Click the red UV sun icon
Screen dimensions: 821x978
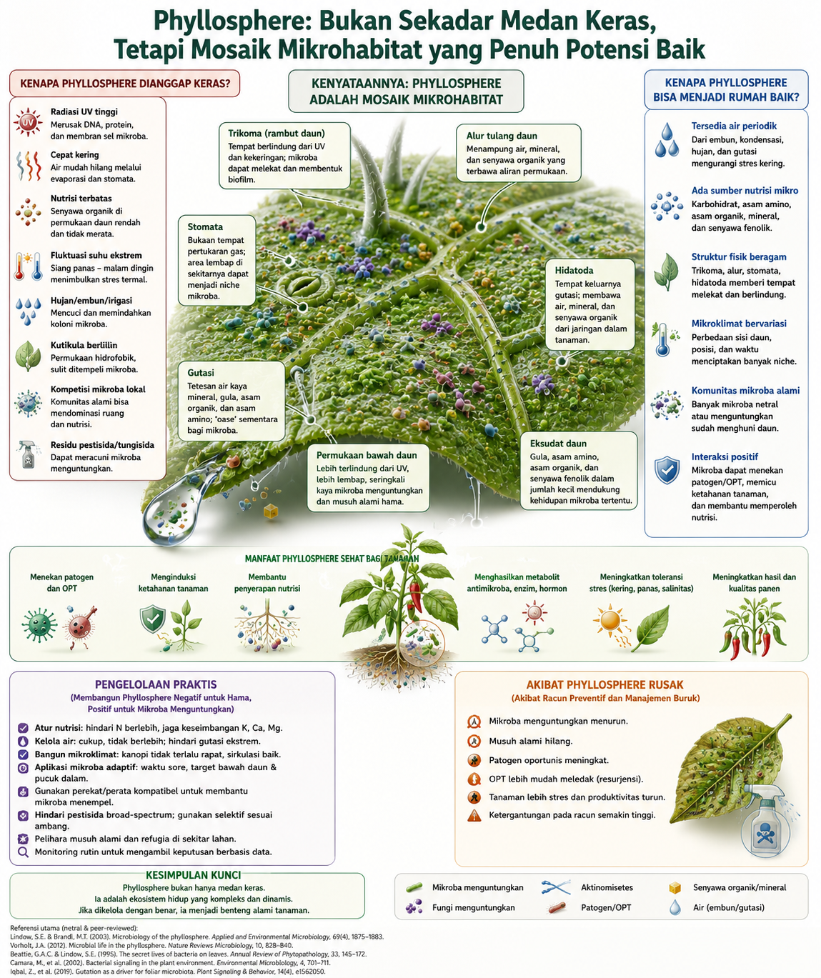[28, 123]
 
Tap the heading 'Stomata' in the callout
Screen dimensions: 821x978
[205, 226]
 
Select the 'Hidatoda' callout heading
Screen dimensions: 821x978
[574, 270]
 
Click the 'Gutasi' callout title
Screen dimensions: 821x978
[201, 373]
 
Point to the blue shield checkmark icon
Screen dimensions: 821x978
[667, 471]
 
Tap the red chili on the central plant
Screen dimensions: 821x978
[415, 597]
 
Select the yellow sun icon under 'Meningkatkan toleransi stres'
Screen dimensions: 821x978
[609, 620]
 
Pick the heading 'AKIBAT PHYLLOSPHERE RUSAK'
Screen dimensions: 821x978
[605, 685]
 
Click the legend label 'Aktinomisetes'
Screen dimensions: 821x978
[607, 887]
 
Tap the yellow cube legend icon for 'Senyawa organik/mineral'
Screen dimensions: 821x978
[675, 887]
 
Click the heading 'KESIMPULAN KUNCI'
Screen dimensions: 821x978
[193, 875]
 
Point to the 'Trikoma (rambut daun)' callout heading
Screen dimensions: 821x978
[277, 134]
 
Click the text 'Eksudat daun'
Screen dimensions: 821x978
[558, 444]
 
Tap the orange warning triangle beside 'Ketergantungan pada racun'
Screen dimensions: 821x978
[474, 815]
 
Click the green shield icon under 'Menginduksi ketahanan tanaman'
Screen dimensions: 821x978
[153, 619]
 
